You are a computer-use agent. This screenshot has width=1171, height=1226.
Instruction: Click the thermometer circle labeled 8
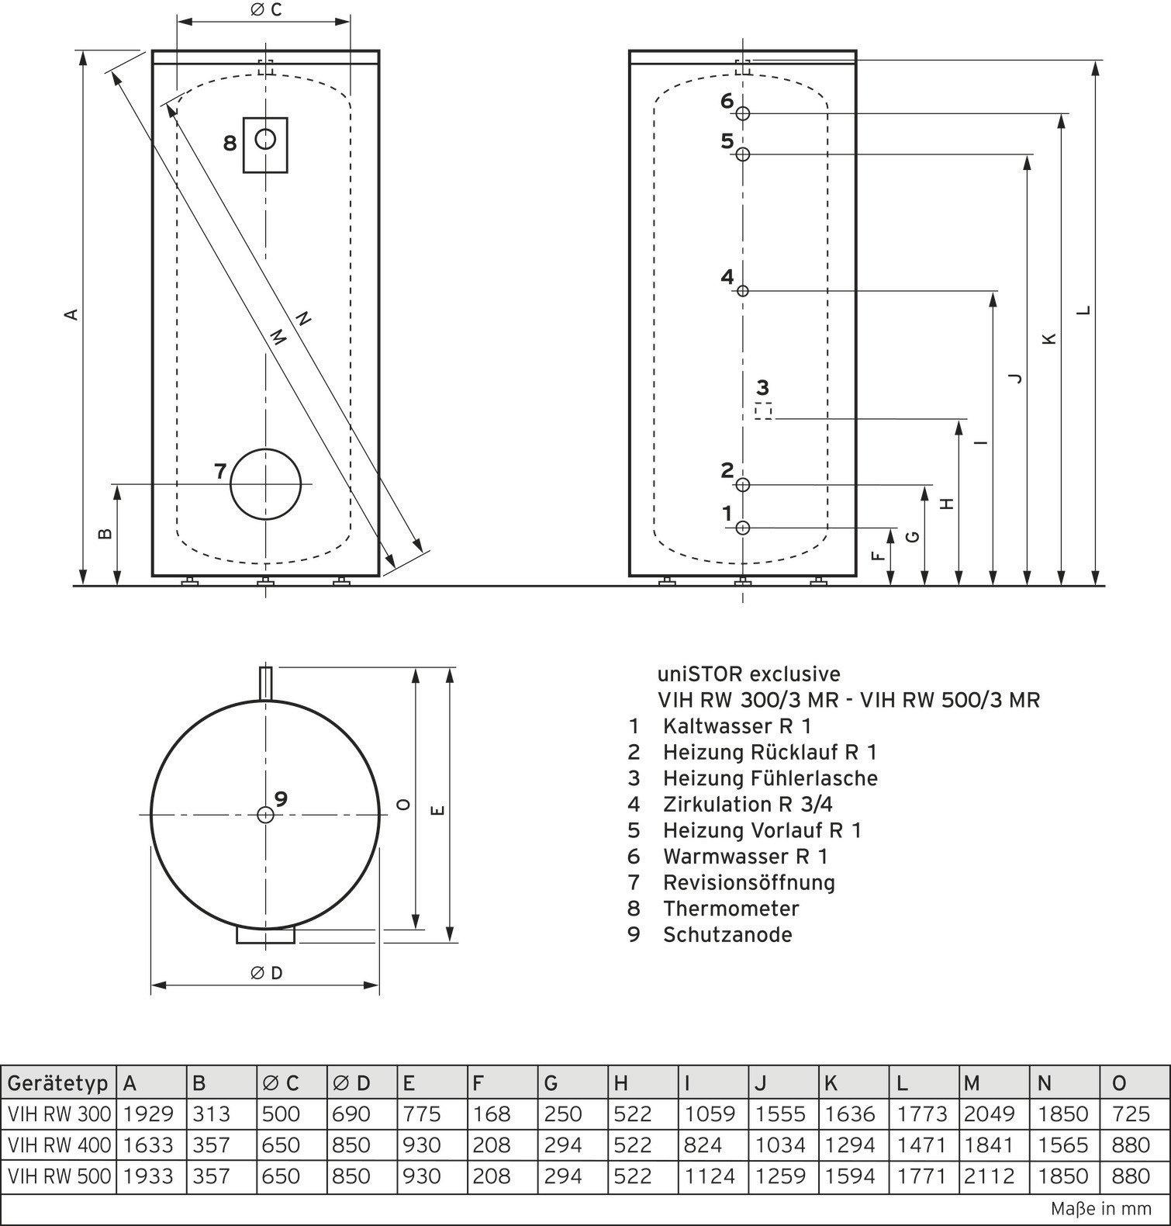pos(265,140)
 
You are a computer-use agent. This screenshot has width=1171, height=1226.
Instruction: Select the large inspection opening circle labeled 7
pos(265,484)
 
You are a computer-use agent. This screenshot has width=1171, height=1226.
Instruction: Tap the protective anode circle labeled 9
pos(265,814)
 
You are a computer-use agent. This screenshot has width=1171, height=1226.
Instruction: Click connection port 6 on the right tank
pos(743,113)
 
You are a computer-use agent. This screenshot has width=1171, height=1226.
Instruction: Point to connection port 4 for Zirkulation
pos(743,291)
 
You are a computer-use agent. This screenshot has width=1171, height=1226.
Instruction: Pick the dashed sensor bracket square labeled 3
pos(764,410)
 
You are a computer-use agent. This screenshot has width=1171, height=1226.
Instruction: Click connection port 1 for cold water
pos(743,528)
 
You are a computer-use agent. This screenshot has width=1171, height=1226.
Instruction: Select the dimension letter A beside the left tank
pos(71,313)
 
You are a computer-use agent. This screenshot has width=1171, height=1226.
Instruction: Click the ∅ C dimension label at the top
pos(265,10)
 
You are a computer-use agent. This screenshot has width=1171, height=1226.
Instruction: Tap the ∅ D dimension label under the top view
pos(267,973)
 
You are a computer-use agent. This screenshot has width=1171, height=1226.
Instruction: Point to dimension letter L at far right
pos(1084,310)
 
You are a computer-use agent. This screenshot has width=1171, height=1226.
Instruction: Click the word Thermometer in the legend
pos(731,909)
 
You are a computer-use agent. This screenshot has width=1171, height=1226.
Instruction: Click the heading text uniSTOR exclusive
pos(748,674)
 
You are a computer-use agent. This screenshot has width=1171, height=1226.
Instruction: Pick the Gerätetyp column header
pos(58,1083)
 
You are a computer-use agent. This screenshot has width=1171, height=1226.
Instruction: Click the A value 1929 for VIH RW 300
pos(148,1114)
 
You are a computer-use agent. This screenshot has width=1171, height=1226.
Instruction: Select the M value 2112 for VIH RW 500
pos(990,1176)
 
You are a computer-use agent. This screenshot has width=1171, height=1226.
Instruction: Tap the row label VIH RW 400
pos(59,1145)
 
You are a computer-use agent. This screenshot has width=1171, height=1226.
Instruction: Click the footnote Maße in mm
pos(1101,1209)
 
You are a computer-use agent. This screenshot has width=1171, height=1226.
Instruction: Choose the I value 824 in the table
pos(703,1145)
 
